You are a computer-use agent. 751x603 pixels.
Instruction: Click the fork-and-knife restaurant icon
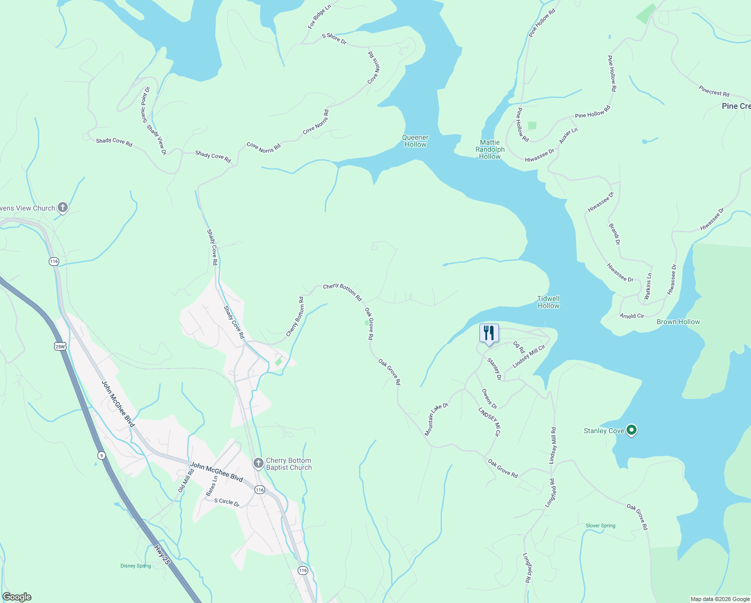coord(489,333)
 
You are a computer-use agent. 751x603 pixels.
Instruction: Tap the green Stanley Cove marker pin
coord(632,430)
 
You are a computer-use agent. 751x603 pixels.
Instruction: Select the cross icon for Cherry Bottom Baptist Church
coord(259,463)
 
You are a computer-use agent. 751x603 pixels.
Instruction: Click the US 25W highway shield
coord(60,346)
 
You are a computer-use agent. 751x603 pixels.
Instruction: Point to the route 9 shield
coord(101,455)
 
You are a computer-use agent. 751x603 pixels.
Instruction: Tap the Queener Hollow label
coord(415,141)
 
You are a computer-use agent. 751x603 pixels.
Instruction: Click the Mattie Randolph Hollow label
coord(490,149)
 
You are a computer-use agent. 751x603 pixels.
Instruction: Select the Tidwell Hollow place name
coord(548,302)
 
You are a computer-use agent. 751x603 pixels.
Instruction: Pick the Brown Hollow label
coord(678,322)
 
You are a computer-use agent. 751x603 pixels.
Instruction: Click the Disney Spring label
coord(136,566)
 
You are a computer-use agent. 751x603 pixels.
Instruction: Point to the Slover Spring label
coord(600,526)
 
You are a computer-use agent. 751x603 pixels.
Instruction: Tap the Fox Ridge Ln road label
coord(319,17)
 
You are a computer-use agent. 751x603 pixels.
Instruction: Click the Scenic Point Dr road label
coord(146,105)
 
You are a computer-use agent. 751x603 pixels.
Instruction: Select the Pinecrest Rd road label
coord(714,91)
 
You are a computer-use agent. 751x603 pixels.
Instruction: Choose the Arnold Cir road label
coord(632,316)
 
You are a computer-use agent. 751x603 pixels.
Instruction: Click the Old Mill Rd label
coord(186,480)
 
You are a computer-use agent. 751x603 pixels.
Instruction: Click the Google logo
coord(17,597)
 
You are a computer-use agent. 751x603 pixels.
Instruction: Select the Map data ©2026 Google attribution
coord(719,599)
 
